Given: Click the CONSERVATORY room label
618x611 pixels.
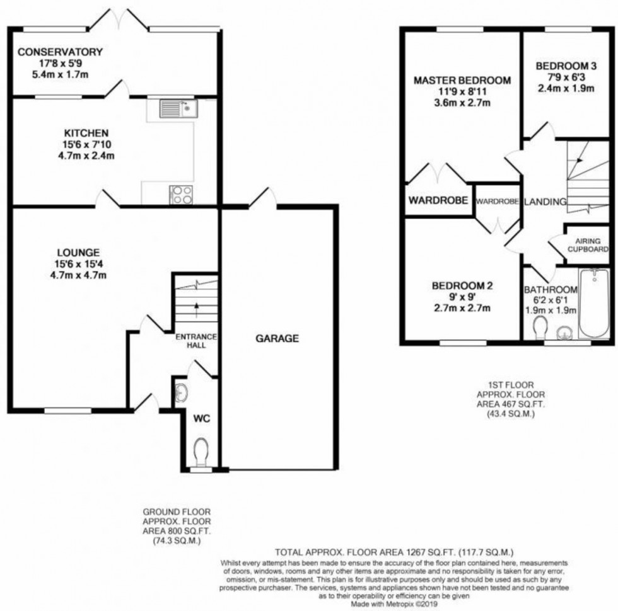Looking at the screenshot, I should (x=60, y=52).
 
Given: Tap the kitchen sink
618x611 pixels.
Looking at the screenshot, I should (x=172, y=110).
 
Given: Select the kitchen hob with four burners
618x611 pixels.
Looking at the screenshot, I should (x=181, y=193).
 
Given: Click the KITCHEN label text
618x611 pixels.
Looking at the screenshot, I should (x=86, y=133).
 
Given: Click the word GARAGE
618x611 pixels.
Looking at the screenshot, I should (x=276, y=338).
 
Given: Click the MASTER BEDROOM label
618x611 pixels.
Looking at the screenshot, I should (x=462, y=81).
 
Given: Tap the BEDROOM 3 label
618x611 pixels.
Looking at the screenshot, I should (x=565, y=66).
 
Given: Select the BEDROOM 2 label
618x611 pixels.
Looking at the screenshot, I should (x=462, y=285).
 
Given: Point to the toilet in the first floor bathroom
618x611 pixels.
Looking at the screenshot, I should (x=539, y=328).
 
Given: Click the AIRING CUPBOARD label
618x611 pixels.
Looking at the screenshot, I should (x=587, y=244).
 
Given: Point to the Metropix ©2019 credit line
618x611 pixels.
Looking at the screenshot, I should (x=395, y=603).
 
